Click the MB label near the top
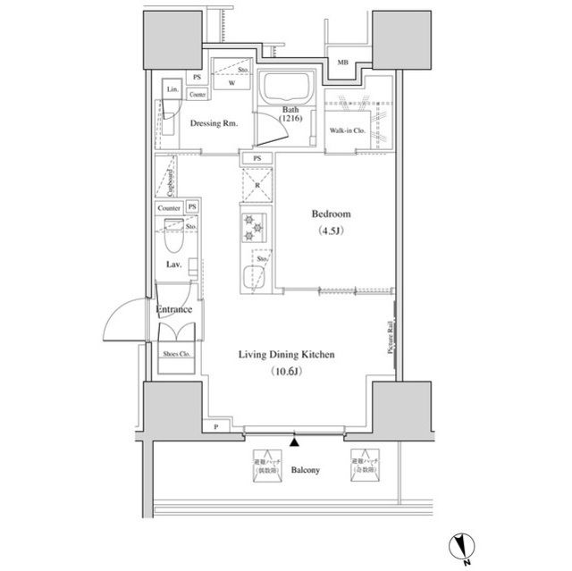(x=342, y=63)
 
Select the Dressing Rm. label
(x=214, y=124)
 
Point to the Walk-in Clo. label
(x=347, y=131)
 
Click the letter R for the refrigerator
(x=257, y=187)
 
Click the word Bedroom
(x=331, y=214)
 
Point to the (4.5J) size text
(x=331, y=233)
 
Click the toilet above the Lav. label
(x=175, y=241)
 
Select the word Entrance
(x=175, y=309)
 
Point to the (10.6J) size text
(x=286, y=374)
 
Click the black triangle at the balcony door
(x=294, y=441)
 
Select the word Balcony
(x=306, y=469)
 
